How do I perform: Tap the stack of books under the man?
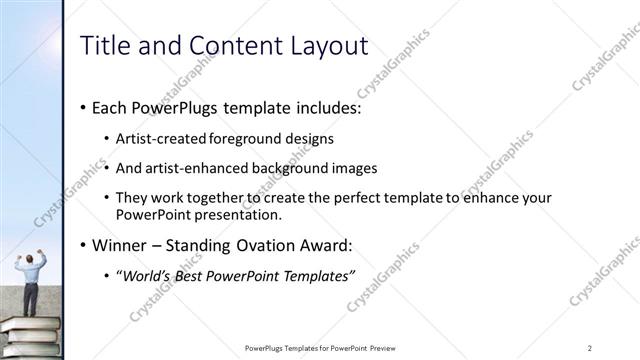tap(30, 335)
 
